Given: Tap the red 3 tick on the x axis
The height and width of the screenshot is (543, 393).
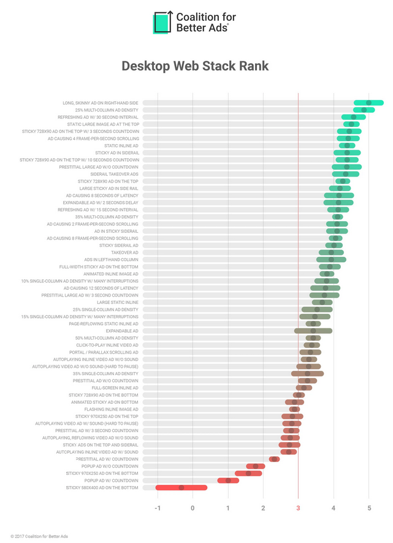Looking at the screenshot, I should pyautogui.click(x=299, y=508).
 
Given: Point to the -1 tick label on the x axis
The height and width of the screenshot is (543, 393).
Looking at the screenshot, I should pyautogui.click(x=158, y=508).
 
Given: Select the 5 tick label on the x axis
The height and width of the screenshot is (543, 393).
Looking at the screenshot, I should pyautogui.click(x=369, y=508).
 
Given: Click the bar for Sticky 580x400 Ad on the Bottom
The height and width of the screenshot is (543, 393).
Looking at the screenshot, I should pyautogui.click(x=181, y=488).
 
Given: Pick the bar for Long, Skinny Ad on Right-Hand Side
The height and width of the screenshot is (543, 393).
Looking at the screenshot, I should pyautogui.click(x=368, y=103).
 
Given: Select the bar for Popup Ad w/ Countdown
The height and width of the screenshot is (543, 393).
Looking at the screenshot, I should pyautogui.click(x=228, y=480).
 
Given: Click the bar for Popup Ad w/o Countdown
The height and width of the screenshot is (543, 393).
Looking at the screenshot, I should pyautogui.click(x=256, y=466).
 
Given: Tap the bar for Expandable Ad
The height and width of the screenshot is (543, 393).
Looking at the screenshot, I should pyautogui.click(x=313, y=331).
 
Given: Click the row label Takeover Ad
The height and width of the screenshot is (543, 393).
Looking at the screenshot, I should pyautogui.click(x=124, y=253).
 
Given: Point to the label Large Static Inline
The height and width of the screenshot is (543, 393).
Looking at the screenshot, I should pyautogui.click(x=118, y=302).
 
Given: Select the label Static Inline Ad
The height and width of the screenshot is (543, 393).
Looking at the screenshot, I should pyautogui.click(x=121, y=146).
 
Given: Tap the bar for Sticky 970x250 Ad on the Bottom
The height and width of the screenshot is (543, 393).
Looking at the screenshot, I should pyautogui.click(x=248, y=473).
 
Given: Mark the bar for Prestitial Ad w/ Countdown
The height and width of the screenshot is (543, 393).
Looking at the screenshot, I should pyautogui.click(x=274, y=459).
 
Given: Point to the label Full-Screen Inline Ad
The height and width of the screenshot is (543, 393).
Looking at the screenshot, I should pyautogui.click(x=115, y=388).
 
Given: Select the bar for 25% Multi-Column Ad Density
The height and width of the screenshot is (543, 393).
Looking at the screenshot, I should pyautogui.click(x=364, y=110).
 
